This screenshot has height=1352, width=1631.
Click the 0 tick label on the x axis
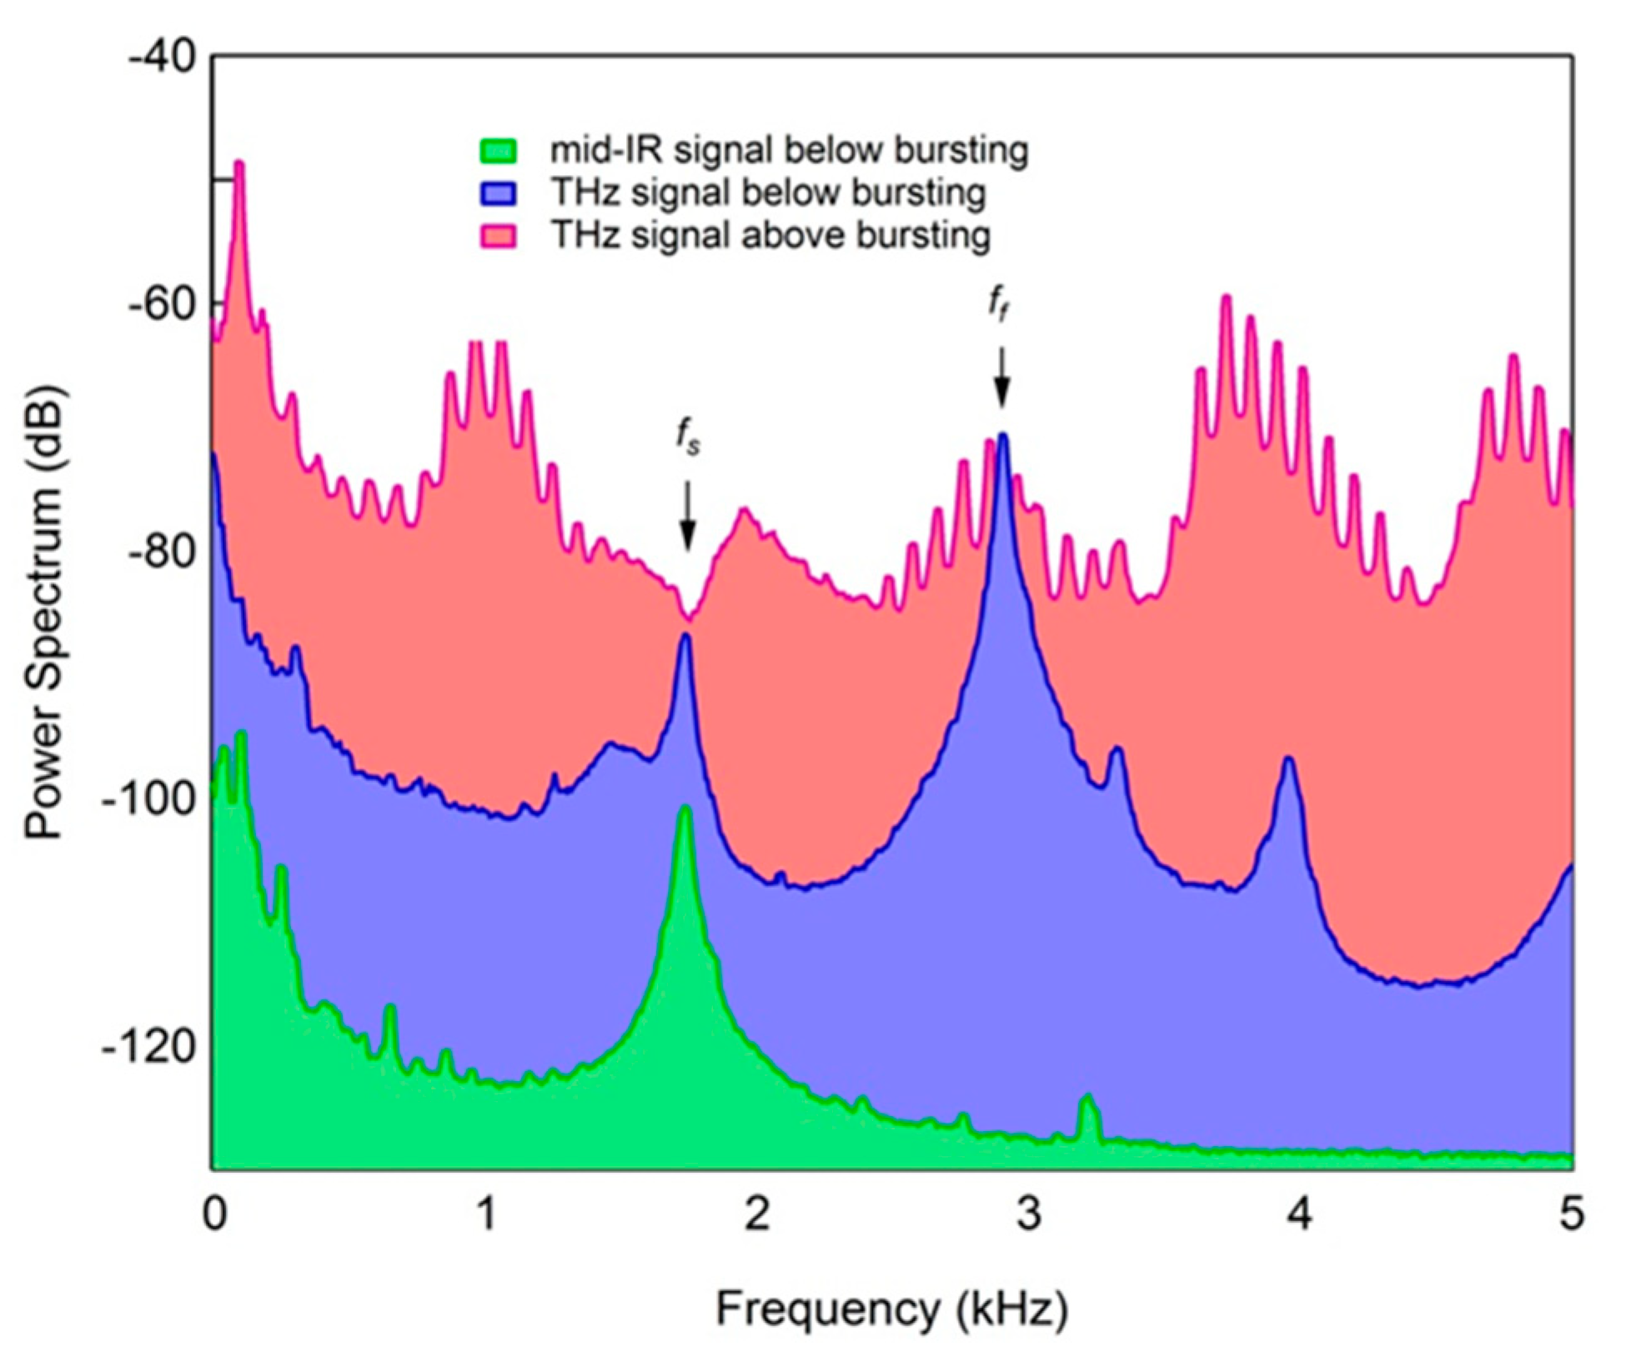tap(214, 1214)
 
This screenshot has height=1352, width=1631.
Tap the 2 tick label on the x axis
tap(757, 1214)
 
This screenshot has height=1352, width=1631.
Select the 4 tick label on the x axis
tap(1299, 1214)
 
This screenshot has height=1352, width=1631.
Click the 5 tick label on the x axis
tap(1571, 1214)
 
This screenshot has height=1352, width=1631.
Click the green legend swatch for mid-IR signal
tap(499, 151)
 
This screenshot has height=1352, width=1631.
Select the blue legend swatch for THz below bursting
tap(499, 193)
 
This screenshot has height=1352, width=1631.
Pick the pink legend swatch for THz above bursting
tap(499, 236)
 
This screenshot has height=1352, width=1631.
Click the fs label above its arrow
tap(688, 437)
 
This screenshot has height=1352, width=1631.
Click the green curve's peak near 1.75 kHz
tap(685, 809)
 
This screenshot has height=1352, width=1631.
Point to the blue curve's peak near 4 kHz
tap(1289, 759)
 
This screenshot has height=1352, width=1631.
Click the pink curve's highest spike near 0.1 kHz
tap(239, 163)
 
